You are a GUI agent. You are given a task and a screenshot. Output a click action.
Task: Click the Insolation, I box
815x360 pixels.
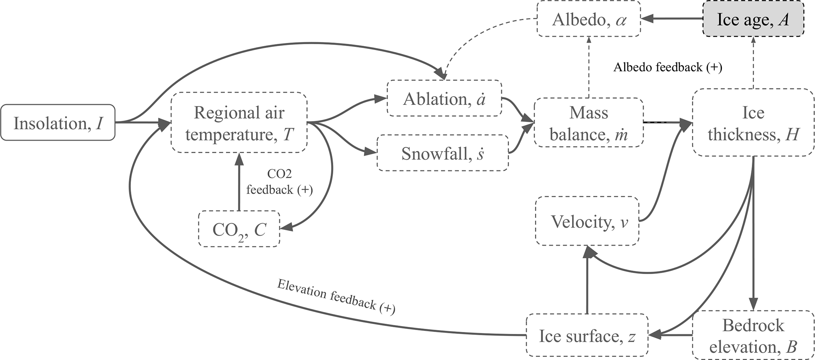(58, 123)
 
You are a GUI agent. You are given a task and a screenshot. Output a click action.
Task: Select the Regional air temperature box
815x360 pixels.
(239, 123)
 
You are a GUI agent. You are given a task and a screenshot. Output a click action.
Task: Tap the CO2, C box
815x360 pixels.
(239, 229)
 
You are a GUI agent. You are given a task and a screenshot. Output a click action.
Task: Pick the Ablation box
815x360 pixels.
(444, 98)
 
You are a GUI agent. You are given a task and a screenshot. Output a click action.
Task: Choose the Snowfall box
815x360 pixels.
(442, 153)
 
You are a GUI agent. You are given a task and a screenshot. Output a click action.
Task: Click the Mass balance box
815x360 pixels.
(589, 123)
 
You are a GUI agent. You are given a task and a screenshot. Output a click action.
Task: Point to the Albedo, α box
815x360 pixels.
(589, 19)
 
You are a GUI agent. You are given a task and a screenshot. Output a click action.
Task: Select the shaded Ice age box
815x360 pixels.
(753, 19)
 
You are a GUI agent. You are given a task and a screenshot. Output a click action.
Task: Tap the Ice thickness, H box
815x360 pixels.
(753, 123)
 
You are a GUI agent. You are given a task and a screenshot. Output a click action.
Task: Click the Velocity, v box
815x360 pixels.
(587, 221)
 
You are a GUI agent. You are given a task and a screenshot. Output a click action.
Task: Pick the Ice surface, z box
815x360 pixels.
(587, 336)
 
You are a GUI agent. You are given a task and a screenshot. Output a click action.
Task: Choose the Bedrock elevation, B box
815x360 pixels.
(753, 336)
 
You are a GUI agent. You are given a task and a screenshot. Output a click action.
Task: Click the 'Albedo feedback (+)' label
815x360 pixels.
(668, 67)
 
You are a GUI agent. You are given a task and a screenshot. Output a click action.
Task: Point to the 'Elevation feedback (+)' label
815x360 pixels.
(336, 297)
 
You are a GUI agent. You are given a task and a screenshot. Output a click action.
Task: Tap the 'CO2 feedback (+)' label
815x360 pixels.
(280, 182)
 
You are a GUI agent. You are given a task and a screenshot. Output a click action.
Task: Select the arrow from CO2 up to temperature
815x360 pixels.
(239, 181)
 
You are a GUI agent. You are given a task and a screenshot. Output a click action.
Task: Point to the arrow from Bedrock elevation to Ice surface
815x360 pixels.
(670, 336)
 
